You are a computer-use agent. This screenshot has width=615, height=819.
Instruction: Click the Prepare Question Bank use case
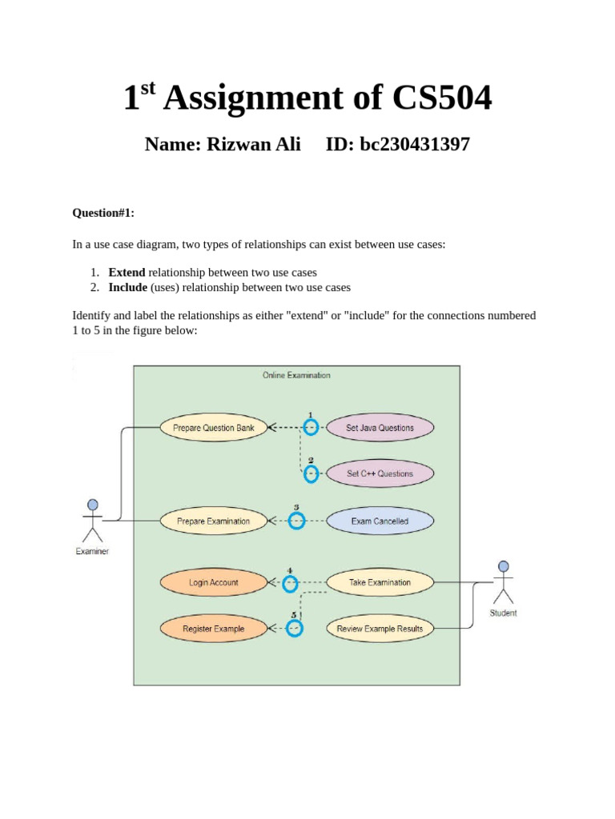click(214, 428)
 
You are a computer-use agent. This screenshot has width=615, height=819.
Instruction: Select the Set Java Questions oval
click(380, 428)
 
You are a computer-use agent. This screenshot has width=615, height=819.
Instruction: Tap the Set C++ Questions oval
click(380, 473)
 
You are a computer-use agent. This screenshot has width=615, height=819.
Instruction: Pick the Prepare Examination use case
click(213, 521)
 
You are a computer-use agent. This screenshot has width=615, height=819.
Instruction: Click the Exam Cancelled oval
click(380, 521)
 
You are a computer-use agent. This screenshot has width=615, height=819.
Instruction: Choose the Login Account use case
click(213, 583)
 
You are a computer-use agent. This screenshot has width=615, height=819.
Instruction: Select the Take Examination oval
click(380, 583)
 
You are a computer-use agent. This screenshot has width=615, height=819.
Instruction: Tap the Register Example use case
click(213, 629)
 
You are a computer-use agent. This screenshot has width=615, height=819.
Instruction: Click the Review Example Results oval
click(380, 629)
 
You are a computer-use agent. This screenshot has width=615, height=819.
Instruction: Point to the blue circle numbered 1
click(311, 428)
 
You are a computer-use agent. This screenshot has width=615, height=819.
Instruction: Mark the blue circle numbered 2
click(311, 474)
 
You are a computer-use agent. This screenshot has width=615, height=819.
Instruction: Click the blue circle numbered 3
click(296, 521)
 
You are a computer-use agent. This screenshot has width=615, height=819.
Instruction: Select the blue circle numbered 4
click(290, 584)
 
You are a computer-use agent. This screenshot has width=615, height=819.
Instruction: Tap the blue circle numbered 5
click(295, 629)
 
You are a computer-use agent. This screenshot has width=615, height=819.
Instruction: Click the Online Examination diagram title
click(296, 375)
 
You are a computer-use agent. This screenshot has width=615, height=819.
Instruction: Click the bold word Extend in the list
click(127, 272)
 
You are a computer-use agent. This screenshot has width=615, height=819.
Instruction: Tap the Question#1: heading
click(103, 213)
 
